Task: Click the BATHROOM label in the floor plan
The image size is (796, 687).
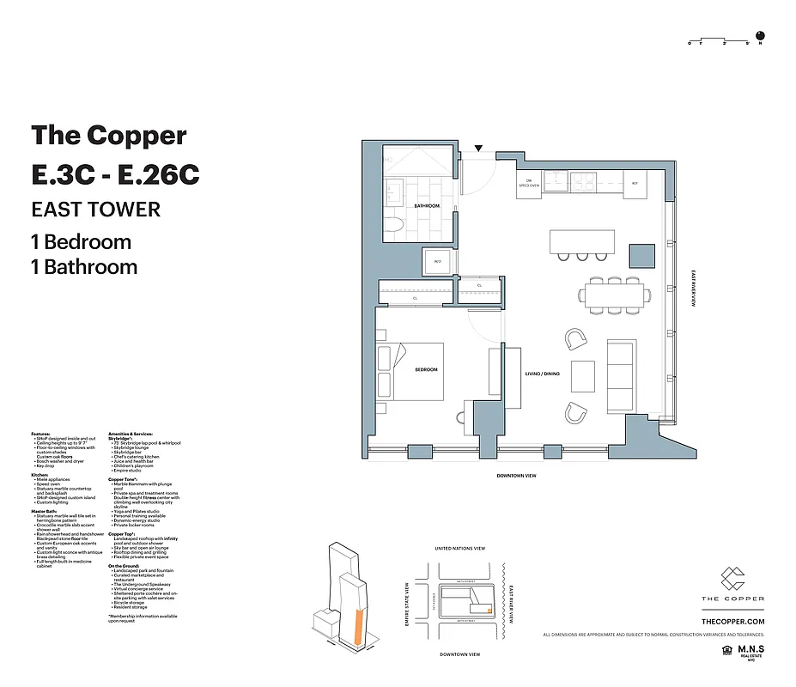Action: [427, 206]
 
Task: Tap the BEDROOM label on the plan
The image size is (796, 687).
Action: [427, 370]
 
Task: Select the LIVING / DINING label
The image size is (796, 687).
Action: [542, 374]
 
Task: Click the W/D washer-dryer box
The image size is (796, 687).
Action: [437, 262]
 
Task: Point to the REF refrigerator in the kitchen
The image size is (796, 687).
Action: [635, 184]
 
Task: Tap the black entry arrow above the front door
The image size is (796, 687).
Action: [479, 149]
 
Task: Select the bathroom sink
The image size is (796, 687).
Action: [398, 191]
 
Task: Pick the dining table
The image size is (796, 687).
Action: [613, 295]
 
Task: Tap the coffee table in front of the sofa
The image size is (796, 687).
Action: [583, 375]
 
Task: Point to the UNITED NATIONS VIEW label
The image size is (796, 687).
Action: [460, 549]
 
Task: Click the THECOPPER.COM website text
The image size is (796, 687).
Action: [732, 621]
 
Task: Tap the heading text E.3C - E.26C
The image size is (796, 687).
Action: [115, 173]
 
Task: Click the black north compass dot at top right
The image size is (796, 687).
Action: [770, 36]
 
